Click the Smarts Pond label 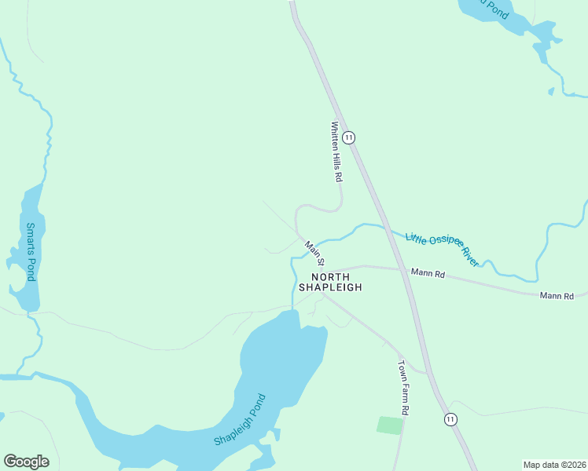31,252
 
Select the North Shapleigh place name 336,282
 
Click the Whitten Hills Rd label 336,152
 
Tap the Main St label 315,252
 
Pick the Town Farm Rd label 403,388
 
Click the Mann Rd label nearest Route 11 428,275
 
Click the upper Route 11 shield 349,137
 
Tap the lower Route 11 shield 450,419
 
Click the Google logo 26,462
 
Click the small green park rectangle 390,425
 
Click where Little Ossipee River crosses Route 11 385,229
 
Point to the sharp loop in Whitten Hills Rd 338,206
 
